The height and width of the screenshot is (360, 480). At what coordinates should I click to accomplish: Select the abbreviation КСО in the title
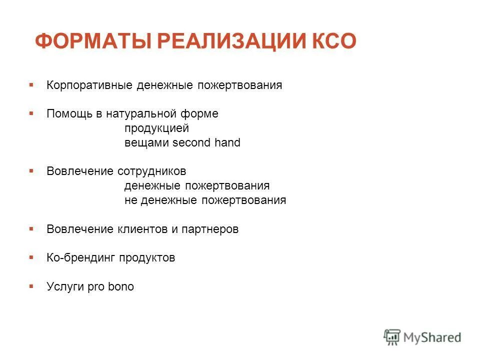[x=333, y=41]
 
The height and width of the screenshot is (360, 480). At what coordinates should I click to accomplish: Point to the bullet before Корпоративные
[x=31, y=84]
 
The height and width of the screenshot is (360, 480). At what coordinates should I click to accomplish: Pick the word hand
[x=227, y=143]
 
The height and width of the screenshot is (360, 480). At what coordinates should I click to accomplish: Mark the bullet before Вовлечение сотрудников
[x=31, y=171]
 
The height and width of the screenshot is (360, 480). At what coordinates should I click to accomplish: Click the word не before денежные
[x=130, y=200]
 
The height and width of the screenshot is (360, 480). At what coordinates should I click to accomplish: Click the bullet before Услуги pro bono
[x=31, y=286]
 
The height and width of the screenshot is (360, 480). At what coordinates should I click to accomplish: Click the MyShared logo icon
[x=392, y=336]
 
